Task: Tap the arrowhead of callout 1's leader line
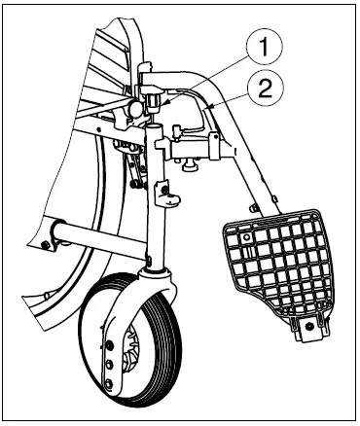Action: tap(164, 100)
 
